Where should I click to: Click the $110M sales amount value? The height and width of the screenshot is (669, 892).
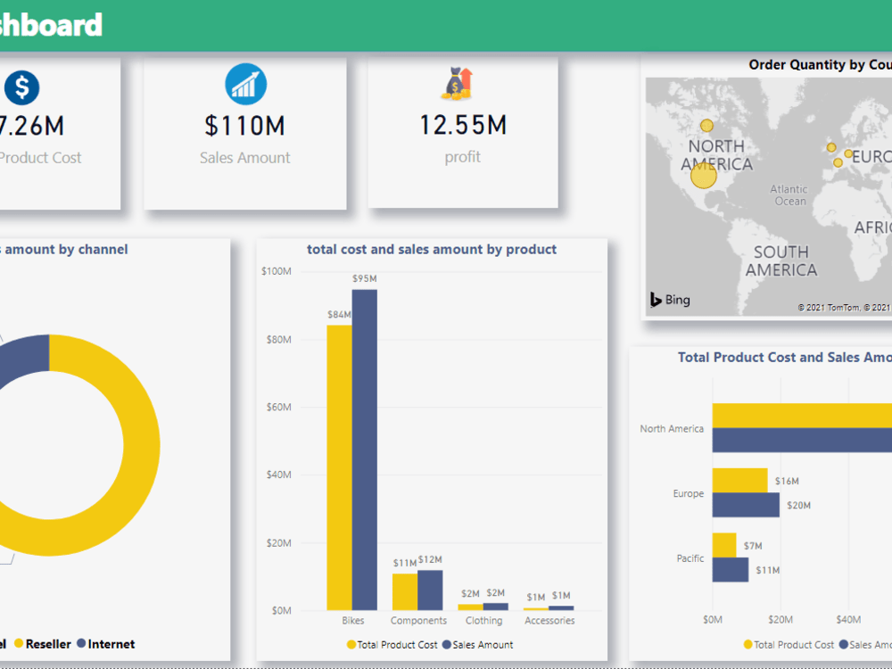coord(244,126)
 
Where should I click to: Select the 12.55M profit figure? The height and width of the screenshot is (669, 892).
coord(463,125)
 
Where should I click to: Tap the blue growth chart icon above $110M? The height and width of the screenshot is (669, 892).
coord(245,85)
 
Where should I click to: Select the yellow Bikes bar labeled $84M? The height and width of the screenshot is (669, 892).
coord(339,467)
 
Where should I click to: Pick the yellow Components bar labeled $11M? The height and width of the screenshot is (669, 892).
coord(405,591)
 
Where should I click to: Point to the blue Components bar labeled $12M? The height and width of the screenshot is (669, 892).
coord(430,590)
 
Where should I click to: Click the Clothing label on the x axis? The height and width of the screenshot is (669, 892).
coord(483,621)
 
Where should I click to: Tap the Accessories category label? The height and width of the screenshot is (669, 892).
coord(549,621)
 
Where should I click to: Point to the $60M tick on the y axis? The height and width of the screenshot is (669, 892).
coord(276,407)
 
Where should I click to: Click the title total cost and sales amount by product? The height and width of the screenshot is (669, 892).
coord(432,250)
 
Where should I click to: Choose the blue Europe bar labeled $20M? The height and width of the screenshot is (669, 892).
coord(746,505)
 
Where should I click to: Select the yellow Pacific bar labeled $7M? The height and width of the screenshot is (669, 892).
coord(724,545)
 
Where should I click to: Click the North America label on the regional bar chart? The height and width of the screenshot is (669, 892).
coord(672,429)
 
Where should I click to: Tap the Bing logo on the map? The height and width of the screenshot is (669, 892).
coord(670,300)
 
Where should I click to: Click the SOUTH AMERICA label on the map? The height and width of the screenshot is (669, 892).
coord(780,260)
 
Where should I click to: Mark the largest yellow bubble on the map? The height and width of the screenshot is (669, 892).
coord(704,176)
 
